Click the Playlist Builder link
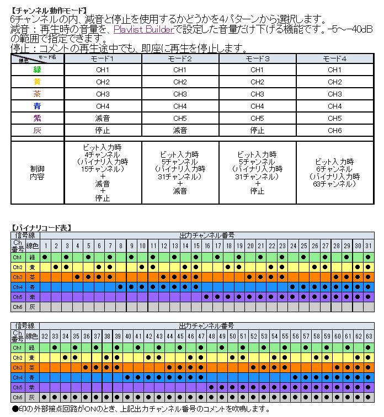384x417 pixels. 143,29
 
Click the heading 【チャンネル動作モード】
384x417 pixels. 49,10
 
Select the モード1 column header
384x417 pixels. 103,58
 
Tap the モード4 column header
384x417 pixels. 334,58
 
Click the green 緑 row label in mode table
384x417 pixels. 38,69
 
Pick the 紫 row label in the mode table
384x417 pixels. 38,118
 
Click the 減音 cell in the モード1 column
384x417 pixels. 103,118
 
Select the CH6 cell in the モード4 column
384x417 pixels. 334,130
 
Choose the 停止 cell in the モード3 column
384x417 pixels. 257,130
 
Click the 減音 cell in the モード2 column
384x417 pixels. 180,130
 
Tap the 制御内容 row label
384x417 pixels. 38,173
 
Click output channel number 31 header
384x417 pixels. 369,245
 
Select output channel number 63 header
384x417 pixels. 369,336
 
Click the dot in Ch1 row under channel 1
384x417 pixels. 45,257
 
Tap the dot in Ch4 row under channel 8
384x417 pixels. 120,287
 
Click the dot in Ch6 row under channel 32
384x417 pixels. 45,397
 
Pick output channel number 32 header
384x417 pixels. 45,336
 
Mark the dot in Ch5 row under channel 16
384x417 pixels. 206,297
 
